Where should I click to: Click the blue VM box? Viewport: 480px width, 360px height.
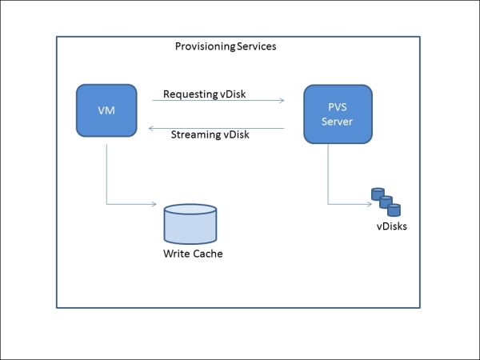[106, 110]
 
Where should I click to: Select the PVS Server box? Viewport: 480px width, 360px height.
[336, 114]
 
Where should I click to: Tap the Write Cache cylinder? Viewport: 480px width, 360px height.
[190, 223]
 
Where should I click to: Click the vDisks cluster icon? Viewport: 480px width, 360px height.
[385, 202]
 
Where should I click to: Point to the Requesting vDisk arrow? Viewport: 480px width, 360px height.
[218, 101]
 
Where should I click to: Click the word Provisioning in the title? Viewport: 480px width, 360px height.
[205, 46]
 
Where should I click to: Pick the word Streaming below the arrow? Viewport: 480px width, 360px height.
[194, 134]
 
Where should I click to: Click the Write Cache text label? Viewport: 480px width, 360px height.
[193, 254]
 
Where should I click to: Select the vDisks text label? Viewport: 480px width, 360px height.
[392, 226]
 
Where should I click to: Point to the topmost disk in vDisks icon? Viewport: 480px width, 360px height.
[376, 193]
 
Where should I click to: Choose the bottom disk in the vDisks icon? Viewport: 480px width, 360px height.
[393, 210]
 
